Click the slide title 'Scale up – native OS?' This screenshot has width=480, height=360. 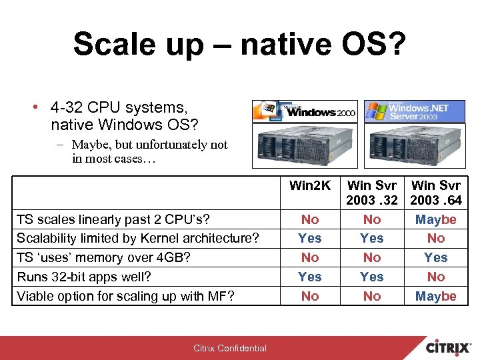239,44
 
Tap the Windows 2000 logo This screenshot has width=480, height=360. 305,111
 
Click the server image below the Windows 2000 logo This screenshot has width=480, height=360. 305,146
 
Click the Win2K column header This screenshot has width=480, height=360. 310,185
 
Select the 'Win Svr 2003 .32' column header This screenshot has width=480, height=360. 372,192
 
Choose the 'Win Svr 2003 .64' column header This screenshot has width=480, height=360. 436,192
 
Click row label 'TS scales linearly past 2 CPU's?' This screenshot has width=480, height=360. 112,219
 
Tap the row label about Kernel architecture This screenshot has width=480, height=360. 137,238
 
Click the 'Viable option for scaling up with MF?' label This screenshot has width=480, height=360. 125,296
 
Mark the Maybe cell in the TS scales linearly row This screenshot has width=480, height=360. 436,219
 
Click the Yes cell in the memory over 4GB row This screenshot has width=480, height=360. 436,257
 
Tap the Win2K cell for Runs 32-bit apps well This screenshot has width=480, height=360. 310,277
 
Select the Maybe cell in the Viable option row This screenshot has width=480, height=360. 436,296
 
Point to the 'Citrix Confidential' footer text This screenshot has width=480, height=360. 230,348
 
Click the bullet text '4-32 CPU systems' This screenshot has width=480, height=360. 119,107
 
